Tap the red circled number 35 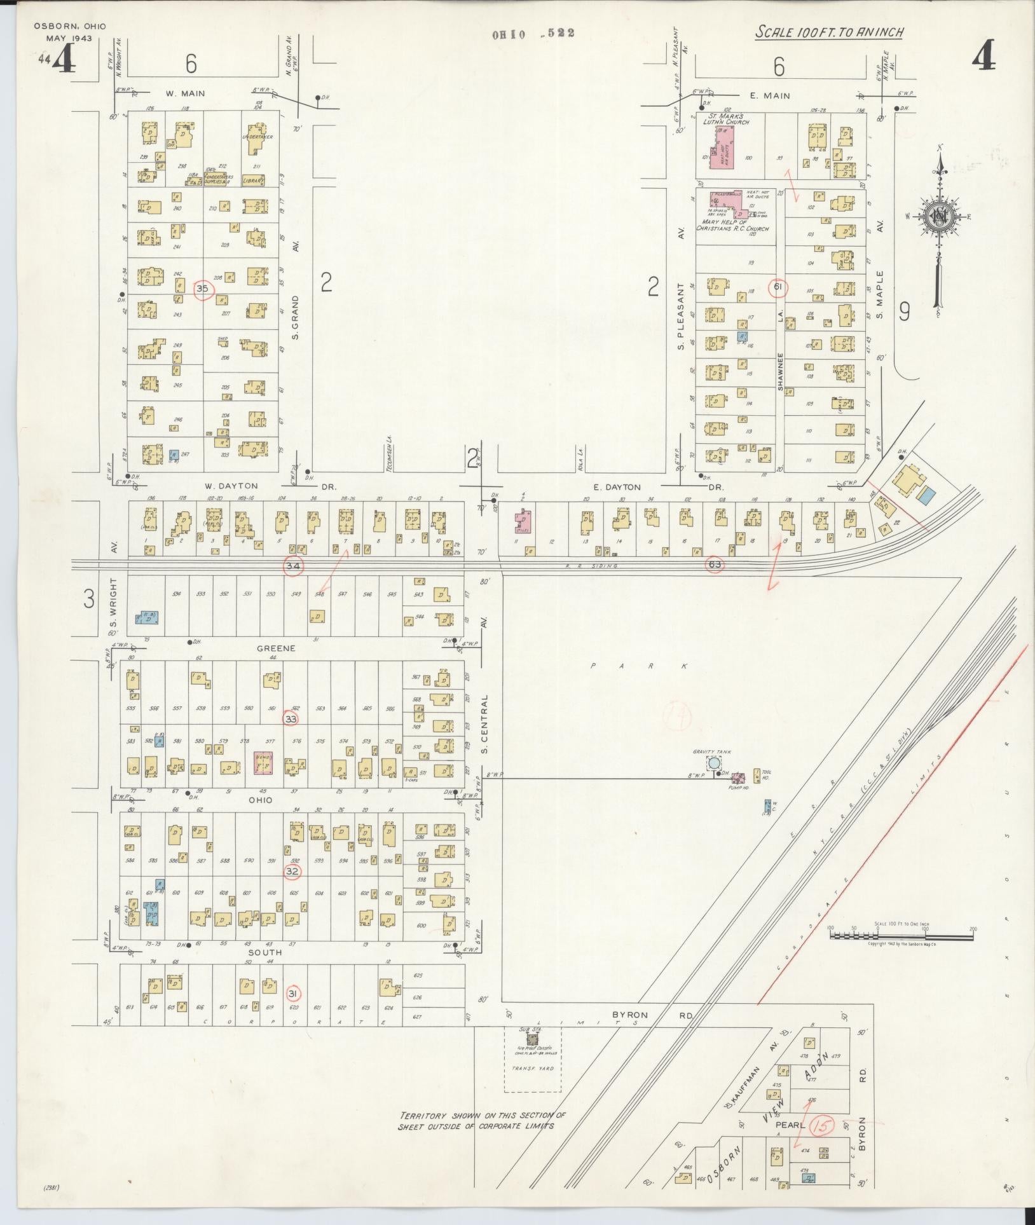[203, 289]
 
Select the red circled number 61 [778, 288]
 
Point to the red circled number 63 [714, 563]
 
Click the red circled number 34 [293, 565]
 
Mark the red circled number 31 [293, 994]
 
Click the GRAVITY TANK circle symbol [714, 763]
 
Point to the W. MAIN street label [185, 93]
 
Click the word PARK [639, 666]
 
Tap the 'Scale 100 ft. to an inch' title [830, 32]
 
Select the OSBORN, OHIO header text [70, 27]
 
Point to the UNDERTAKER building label [257, 137]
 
